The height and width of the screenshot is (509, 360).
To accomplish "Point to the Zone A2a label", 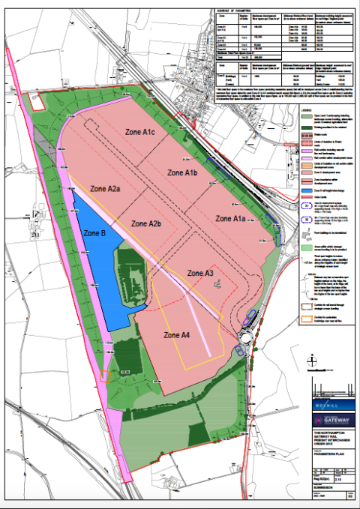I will (x=105, y=189).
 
